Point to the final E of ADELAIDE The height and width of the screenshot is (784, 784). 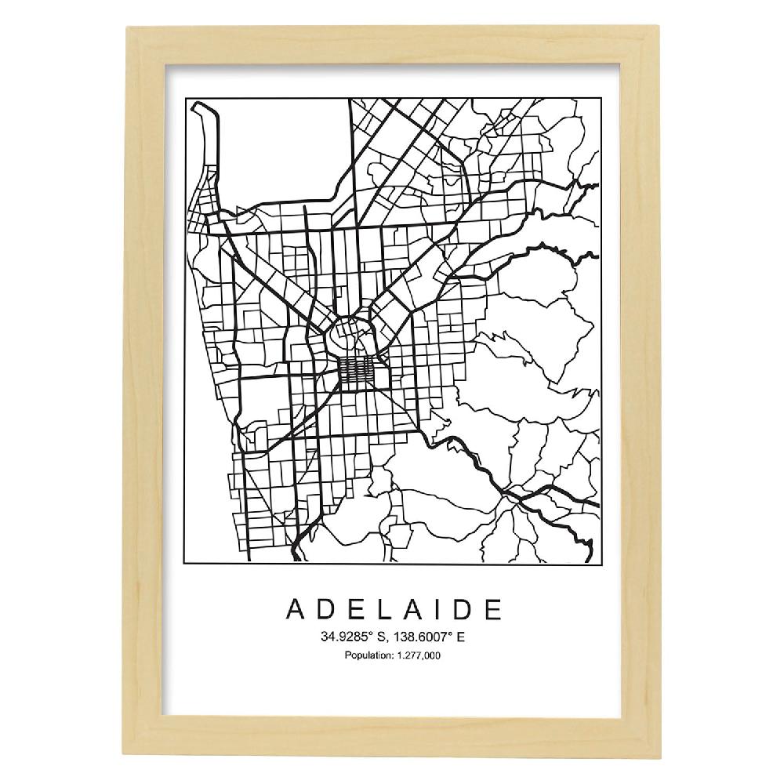(492, 609)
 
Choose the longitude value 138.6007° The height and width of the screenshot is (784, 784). (424, 637)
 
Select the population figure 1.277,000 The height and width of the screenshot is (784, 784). (418, 655)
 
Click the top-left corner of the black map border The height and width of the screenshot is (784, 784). (185, 100)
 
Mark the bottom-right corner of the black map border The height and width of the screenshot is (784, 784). (599, 562)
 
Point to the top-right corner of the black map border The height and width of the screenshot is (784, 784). (599, 100)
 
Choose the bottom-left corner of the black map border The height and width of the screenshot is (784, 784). (185, 562)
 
